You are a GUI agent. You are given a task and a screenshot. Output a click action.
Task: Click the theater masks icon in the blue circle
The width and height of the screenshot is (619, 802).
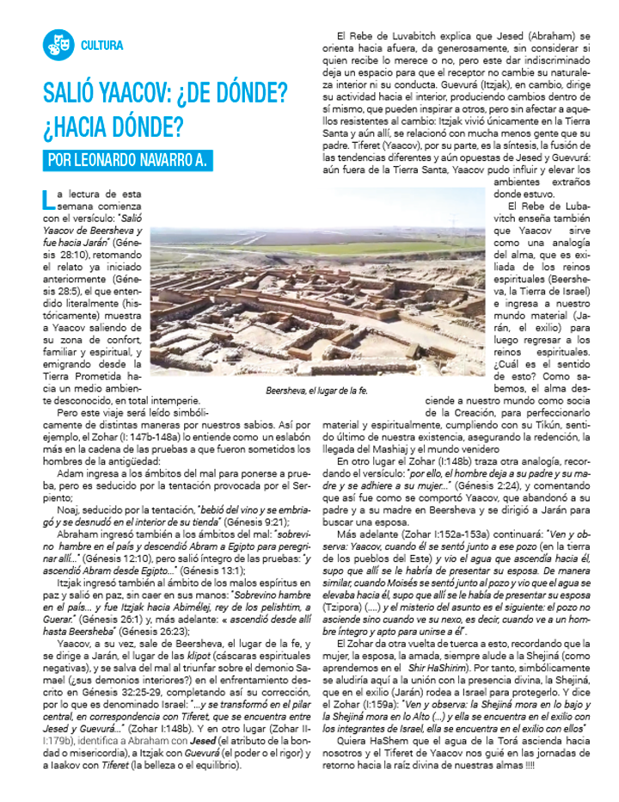click(x=59, y=45)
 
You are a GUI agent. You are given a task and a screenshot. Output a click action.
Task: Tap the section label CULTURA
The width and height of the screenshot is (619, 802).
click(x=101, y=46)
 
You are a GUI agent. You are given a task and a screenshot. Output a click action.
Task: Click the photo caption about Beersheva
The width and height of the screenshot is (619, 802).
click(x=317, y=390)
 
